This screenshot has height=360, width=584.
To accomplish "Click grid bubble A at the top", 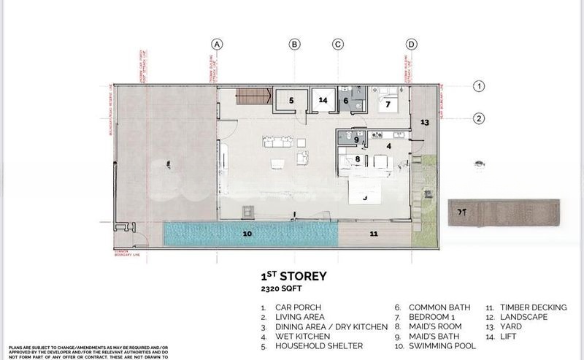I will (217, 44).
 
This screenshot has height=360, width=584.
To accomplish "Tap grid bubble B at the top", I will (294, 44).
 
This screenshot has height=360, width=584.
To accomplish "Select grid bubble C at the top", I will (337, 44).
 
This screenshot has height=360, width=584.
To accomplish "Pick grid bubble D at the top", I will (412, 44).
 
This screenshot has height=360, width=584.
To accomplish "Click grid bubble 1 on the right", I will (479, 86).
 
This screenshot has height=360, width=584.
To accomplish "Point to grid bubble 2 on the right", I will (479, 118).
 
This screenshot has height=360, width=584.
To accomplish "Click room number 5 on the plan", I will (291, 101).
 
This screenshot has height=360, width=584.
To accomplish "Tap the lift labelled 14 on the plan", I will (323, 100).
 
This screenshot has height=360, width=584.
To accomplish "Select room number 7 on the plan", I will (388, 104).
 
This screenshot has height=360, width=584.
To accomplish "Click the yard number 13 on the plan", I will (424, 123).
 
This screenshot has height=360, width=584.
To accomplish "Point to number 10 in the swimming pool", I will (247, 234).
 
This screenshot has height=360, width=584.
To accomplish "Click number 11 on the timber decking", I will (373, 234).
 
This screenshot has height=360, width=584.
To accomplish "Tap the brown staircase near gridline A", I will (249, 96).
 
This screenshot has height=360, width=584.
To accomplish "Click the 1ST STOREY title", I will (293, 277).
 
